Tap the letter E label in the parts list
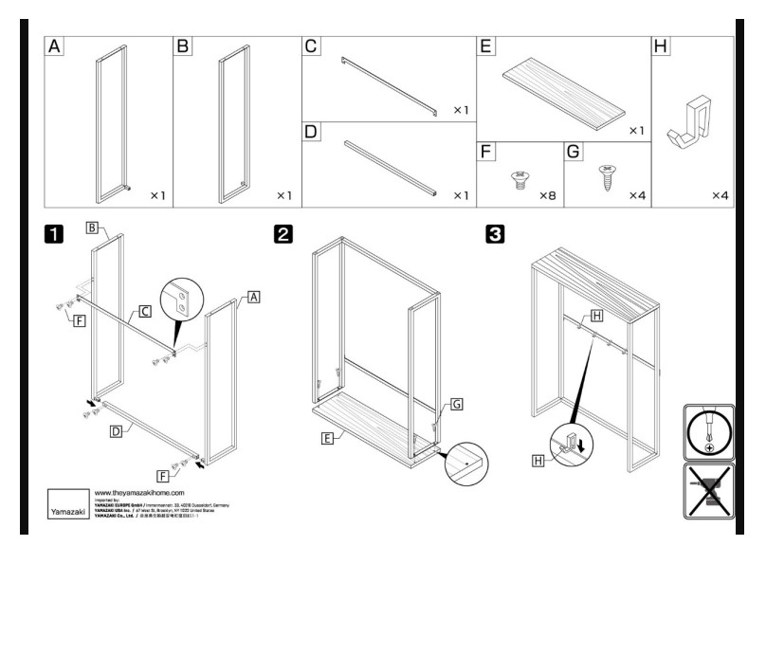tap(485, 46)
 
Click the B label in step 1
tap(92, 227)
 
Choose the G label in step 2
tap(456, 404)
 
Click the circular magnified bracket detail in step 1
tap(181, 301)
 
